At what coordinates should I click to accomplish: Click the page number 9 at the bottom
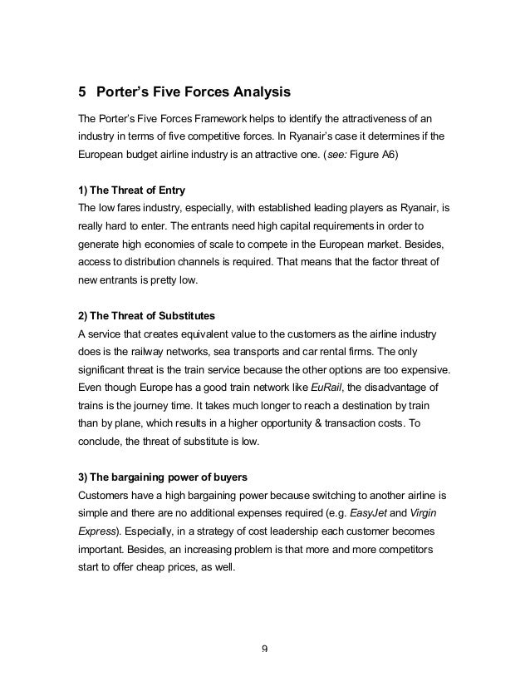click(x=265, y=650)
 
